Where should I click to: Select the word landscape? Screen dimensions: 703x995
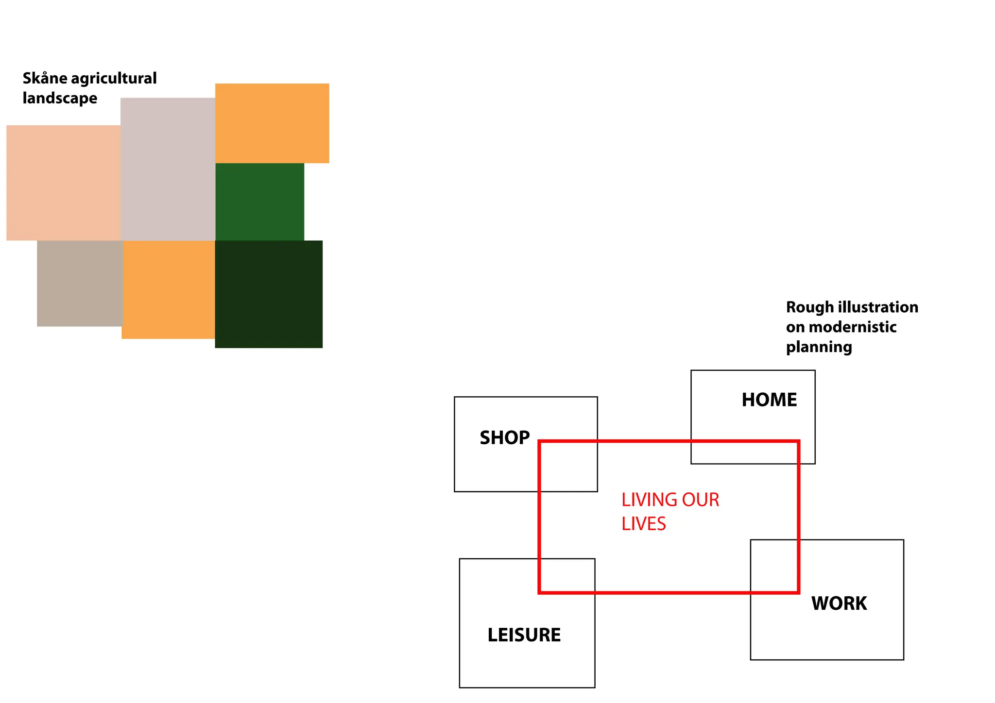(60, 99)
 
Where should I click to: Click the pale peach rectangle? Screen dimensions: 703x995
(63, 183)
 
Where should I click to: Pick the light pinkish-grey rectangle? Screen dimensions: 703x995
(168, 169)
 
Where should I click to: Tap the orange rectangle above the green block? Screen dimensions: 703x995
(272, 123)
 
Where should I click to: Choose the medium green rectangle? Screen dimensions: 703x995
(259, 201)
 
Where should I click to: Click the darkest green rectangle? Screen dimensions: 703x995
(269, 294)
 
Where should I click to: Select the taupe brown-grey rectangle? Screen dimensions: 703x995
(80, 284)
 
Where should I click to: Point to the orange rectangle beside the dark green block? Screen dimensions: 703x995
(168, 290)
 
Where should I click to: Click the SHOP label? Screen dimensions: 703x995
(504, 438)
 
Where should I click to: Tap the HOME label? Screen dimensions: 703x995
(769, 400)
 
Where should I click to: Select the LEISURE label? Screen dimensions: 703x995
(524, 635)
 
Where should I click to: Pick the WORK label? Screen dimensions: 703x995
(839, 603)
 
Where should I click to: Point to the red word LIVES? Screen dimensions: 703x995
(644, 524)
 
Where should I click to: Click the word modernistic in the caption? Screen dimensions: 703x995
(853, 327)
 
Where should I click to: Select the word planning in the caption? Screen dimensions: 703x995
(819, 348)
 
